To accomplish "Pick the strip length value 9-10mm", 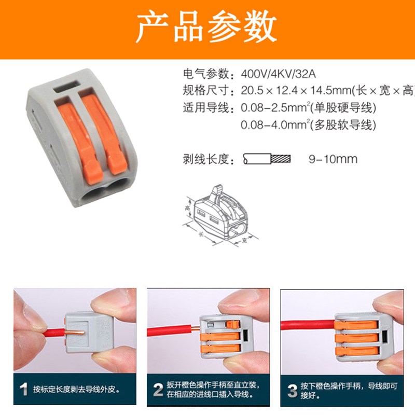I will click(333, 159).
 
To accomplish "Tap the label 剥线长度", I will click(205, 159).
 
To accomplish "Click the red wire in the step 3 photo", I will click(306, 325).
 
